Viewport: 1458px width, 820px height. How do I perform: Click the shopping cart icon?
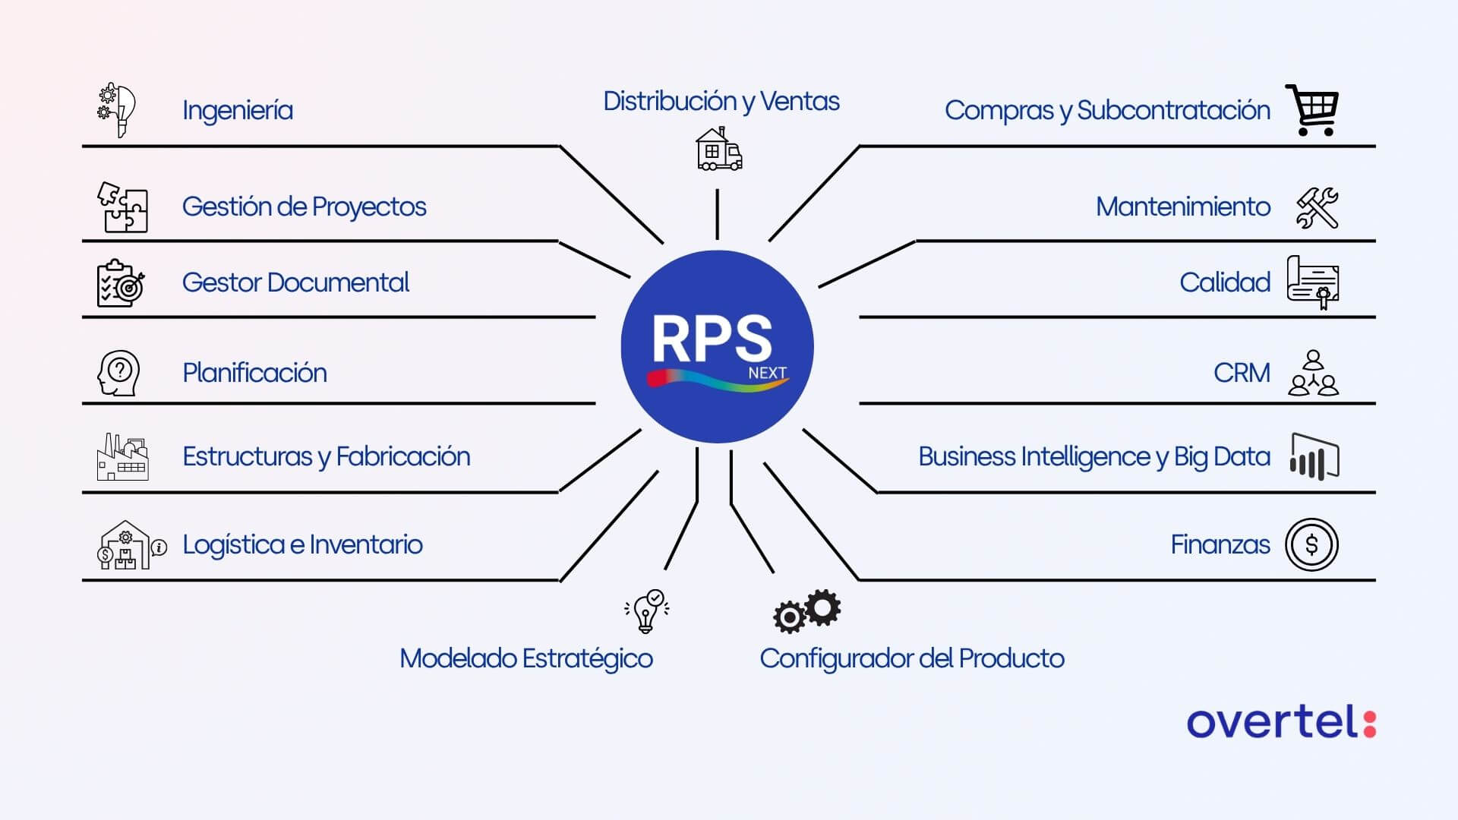coord(1312,110)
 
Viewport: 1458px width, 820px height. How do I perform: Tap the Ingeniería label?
coord(237,111)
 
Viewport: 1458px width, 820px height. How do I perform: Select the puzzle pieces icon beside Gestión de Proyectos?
coord(121,207)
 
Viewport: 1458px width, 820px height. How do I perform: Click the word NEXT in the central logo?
coord(767,373)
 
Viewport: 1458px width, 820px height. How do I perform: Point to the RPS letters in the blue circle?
coord(712,339)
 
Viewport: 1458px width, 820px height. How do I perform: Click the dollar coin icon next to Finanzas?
coord(1311,544)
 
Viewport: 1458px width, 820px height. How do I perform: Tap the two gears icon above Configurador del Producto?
coord(806,611)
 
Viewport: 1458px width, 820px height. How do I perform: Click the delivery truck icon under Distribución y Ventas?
coord(718,150)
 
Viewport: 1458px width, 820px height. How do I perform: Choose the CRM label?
coord(1241,373)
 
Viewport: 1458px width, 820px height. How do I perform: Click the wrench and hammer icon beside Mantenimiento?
coord(1318,208)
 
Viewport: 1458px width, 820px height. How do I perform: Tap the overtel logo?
coord(1281,721)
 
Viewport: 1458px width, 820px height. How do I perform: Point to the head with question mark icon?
coord(119,373)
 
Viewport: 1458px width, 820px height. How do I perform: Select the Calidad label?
coord(1224,282)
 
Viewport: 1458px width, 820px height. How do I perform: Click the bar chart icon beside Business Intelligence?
coord(1314,457)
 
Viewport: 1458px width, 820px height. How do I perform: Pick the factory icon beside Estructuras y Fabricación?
coord(122,457)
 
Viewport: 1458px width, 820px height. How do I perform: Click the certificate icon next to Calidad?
coord(1313,282)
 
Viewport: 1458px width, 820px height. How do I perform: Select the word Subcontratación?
coord(1173,111)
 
